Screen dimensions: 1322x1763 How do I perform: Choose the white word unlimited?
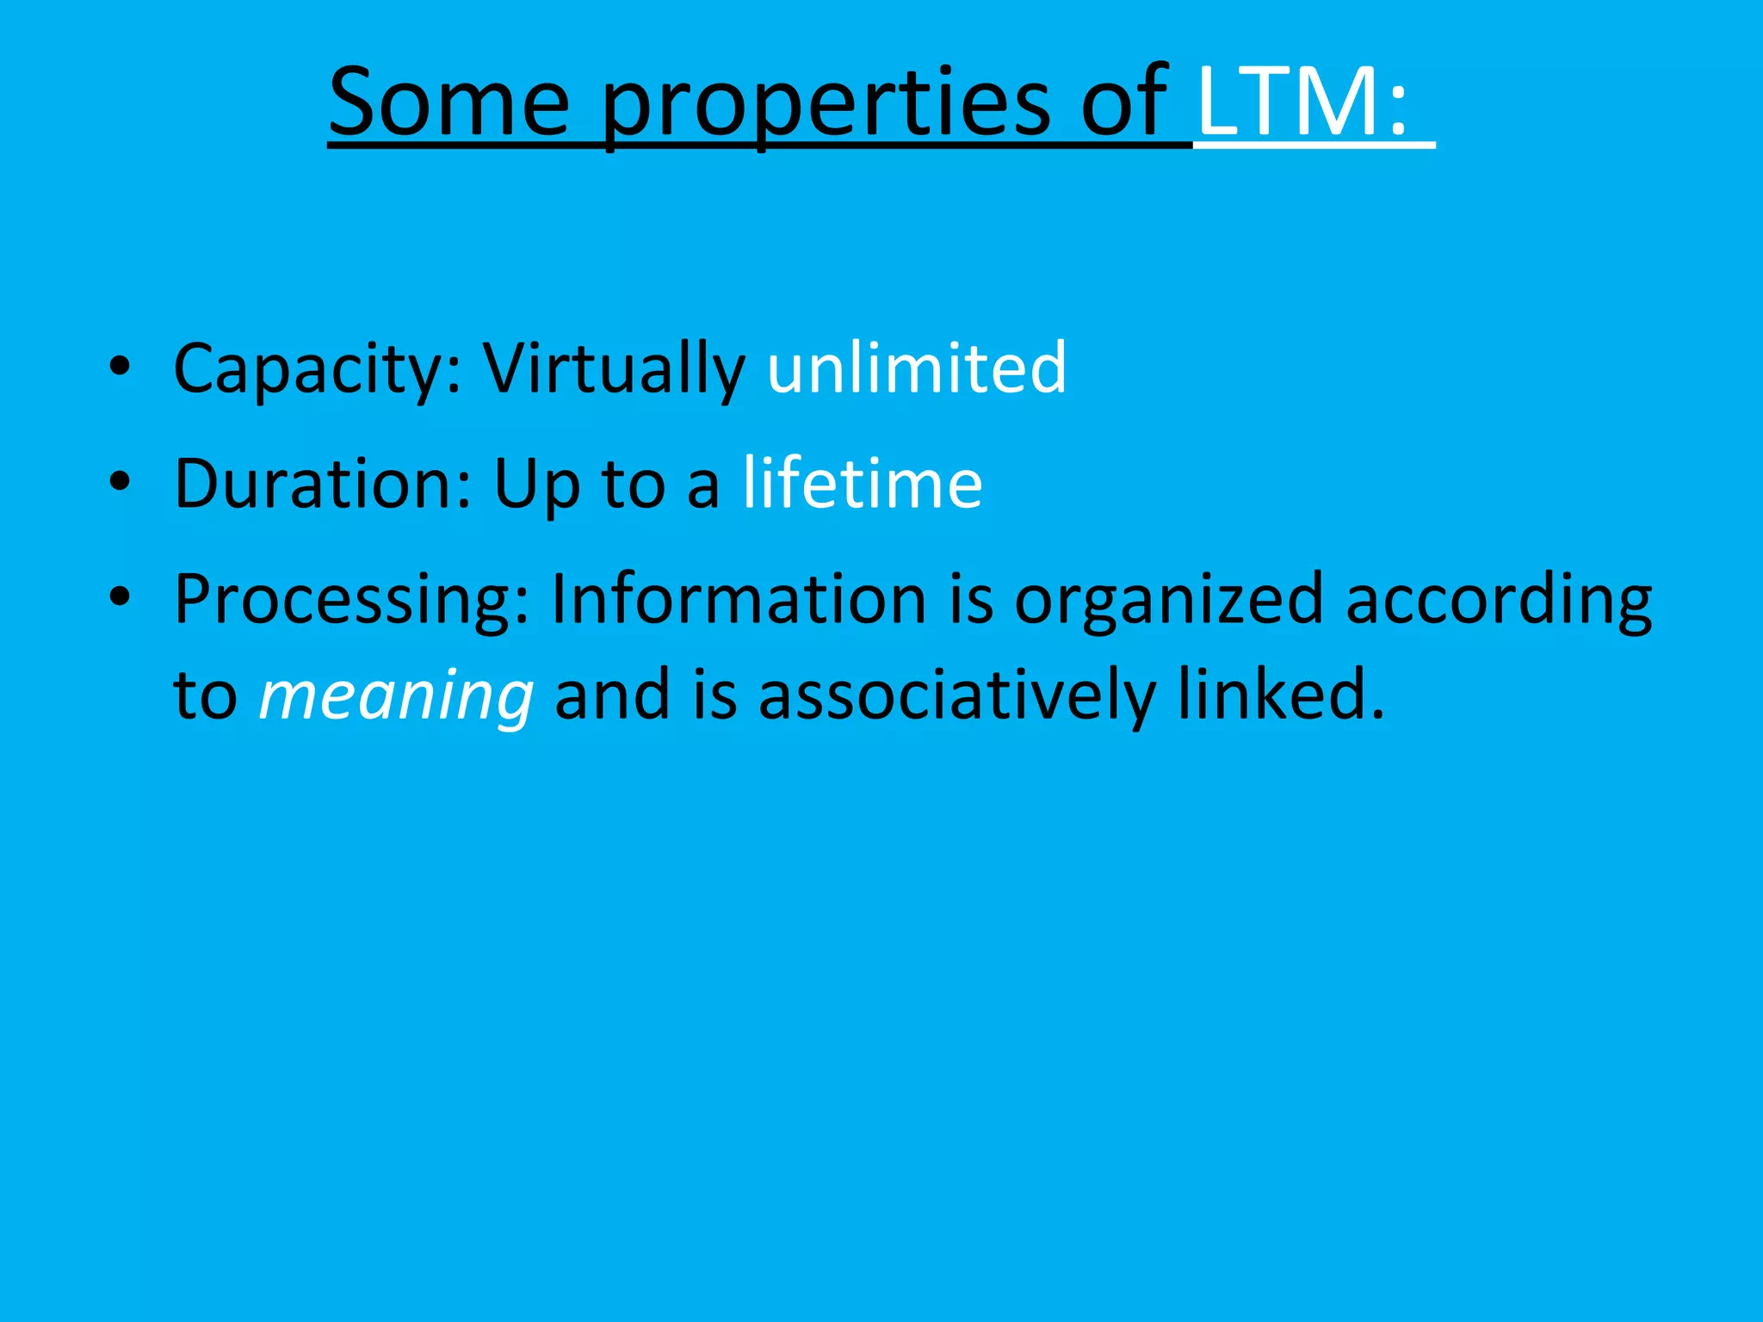tap(917, 368)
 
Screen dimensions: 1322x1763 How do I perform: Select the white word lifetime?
tap(863, 483)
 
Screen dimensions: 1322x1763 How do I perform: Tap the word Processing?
tap(351, 601)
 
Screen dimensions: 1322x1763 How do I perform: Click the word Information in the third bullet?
tap(738, 599)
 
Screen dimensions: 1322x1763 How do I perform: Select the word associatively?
tap(956, 695)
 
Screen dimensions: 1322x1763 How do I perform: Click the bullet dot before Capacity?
tap(120, 368)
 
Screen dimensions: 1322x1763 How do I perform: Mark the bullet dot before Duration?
tap(120, 483)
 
